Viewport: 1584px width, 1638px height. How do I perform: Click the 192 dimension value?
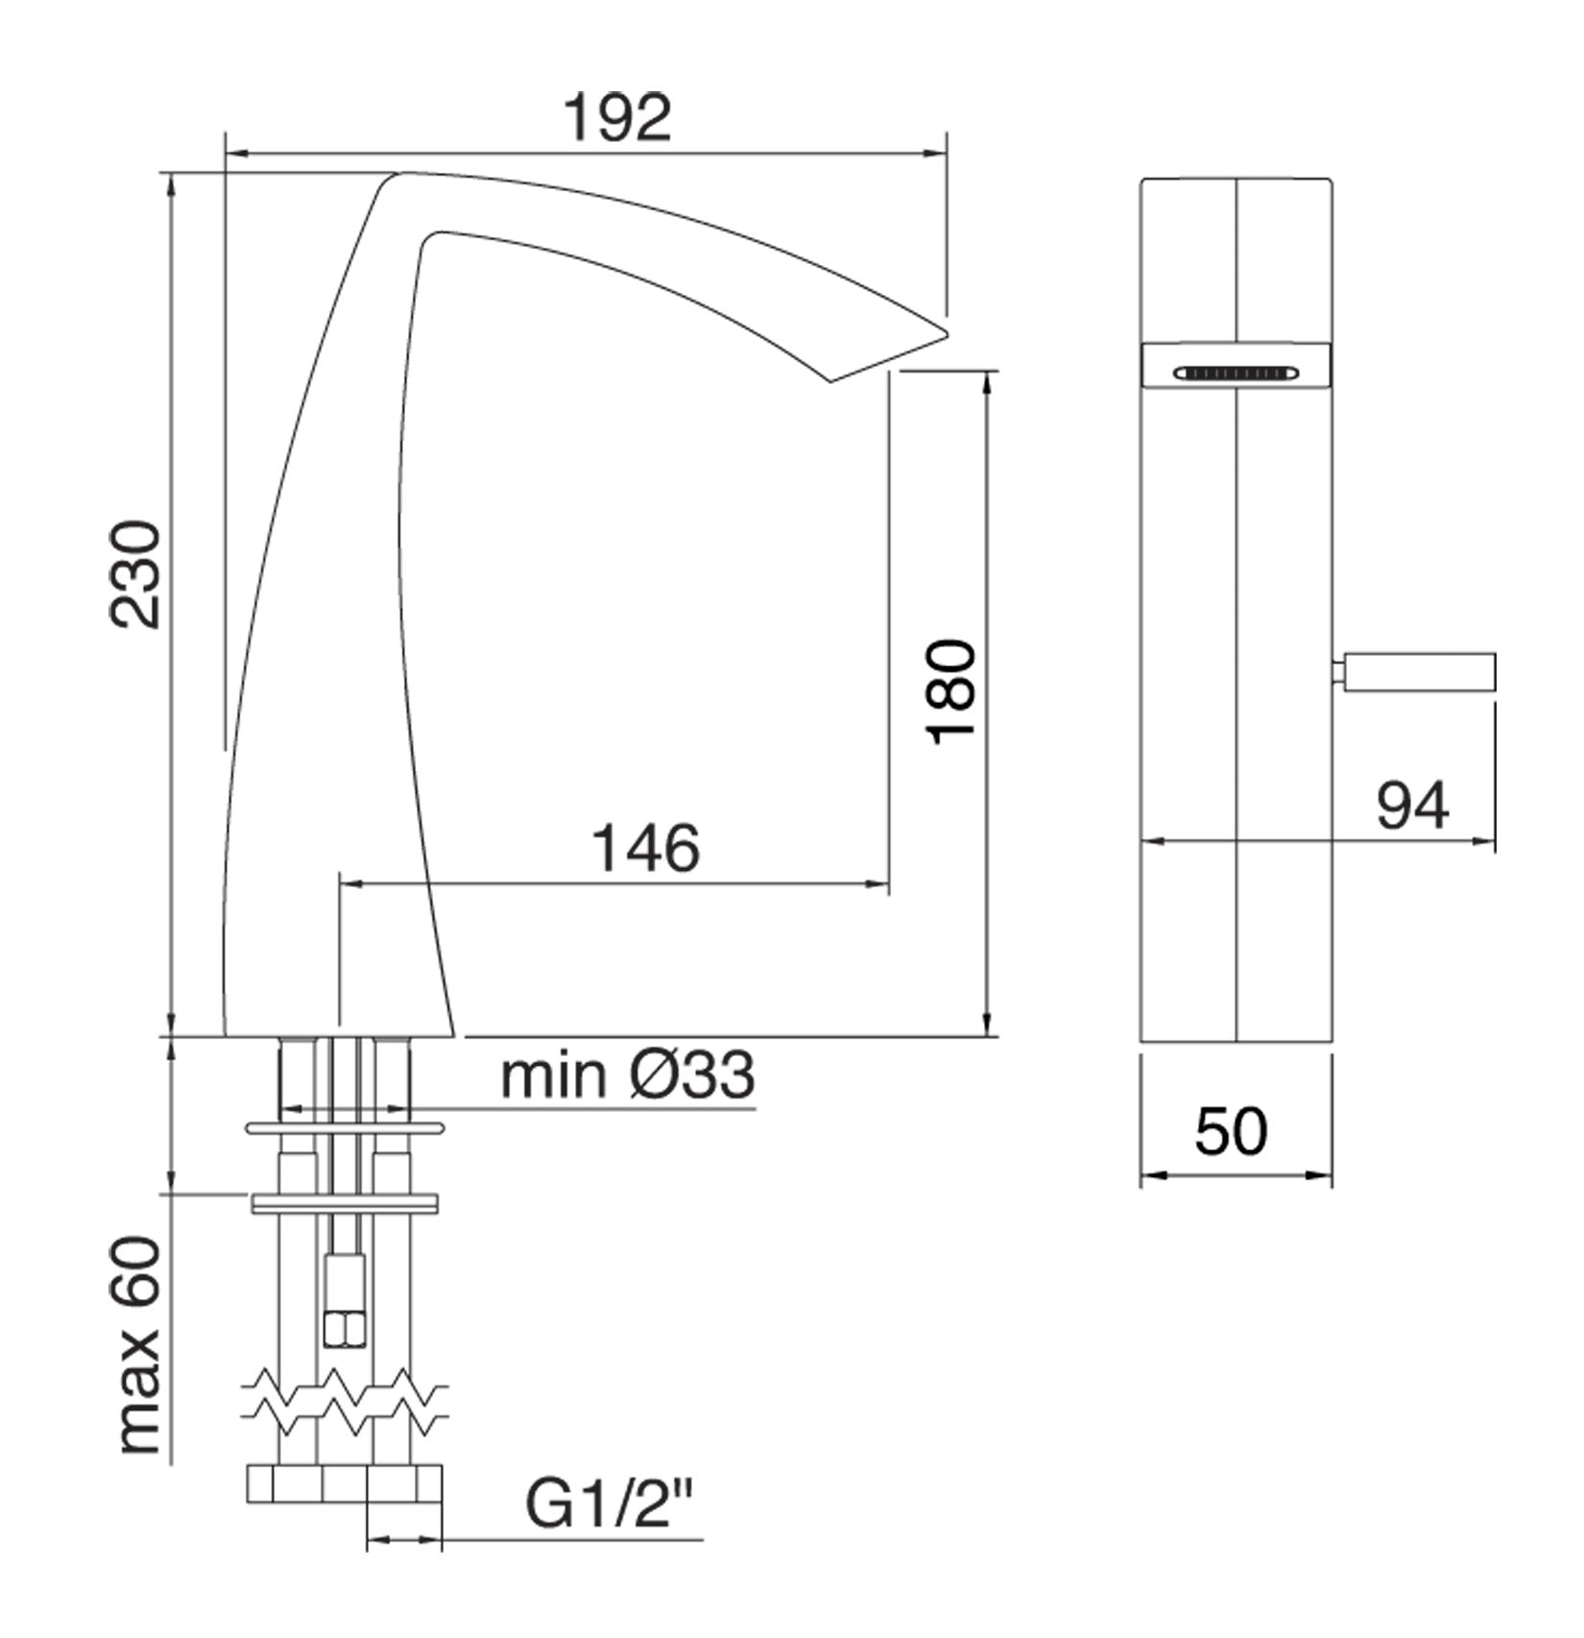click(x=617, y=119)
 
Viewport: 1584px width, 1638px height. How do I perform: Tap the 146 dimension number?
click(x=646, y=849)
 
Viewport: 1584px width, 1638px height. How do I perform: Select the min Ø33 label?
click(x=628, y=1075)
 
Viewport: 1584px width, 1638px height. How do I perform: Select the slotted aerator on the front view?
click(x=1236, y=373)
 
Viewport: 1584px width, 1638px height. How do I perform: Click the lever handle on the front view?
click(x=1419, y=671)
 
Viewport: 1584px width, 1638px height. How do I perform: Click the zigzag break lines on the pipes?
click(x=346, y=1404)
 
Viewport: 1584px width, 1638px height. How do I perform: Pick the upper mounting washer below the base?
click(x=346, y=1128)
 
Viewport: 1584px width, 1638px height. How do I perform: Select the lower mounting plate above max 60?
click(x=345, y=1203)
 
